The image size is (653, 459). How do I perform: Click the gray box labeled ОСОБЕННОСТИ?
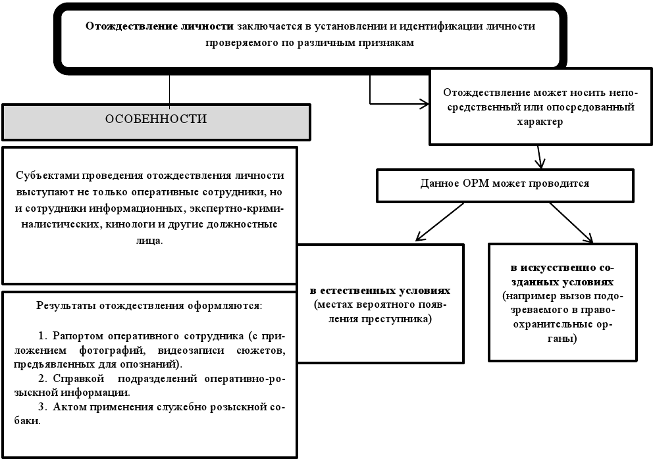click(156, 120)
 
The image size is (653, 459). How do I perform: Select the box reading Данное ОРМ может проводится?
click(504, 183)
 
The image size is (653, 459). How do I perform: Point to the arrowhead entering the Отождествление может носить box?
click(424, 103)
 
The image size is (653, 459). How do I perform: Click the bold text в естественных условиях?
click(380, 291)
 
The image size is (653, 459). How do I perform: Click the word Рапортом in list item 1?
click(74, 334)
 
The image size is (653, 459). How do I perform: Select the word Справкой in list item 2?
click(74, 379)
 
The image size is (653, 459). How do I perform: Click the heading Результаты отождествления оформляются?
click(149, 306)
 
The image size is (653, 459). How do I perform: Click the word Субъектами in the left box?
click(43, 176)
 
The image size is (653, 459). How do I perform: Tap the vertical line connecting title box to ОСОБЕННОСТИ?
click(170, 89)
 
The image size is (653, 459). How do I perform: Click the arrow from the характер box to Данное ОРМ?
click(540, 157)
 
